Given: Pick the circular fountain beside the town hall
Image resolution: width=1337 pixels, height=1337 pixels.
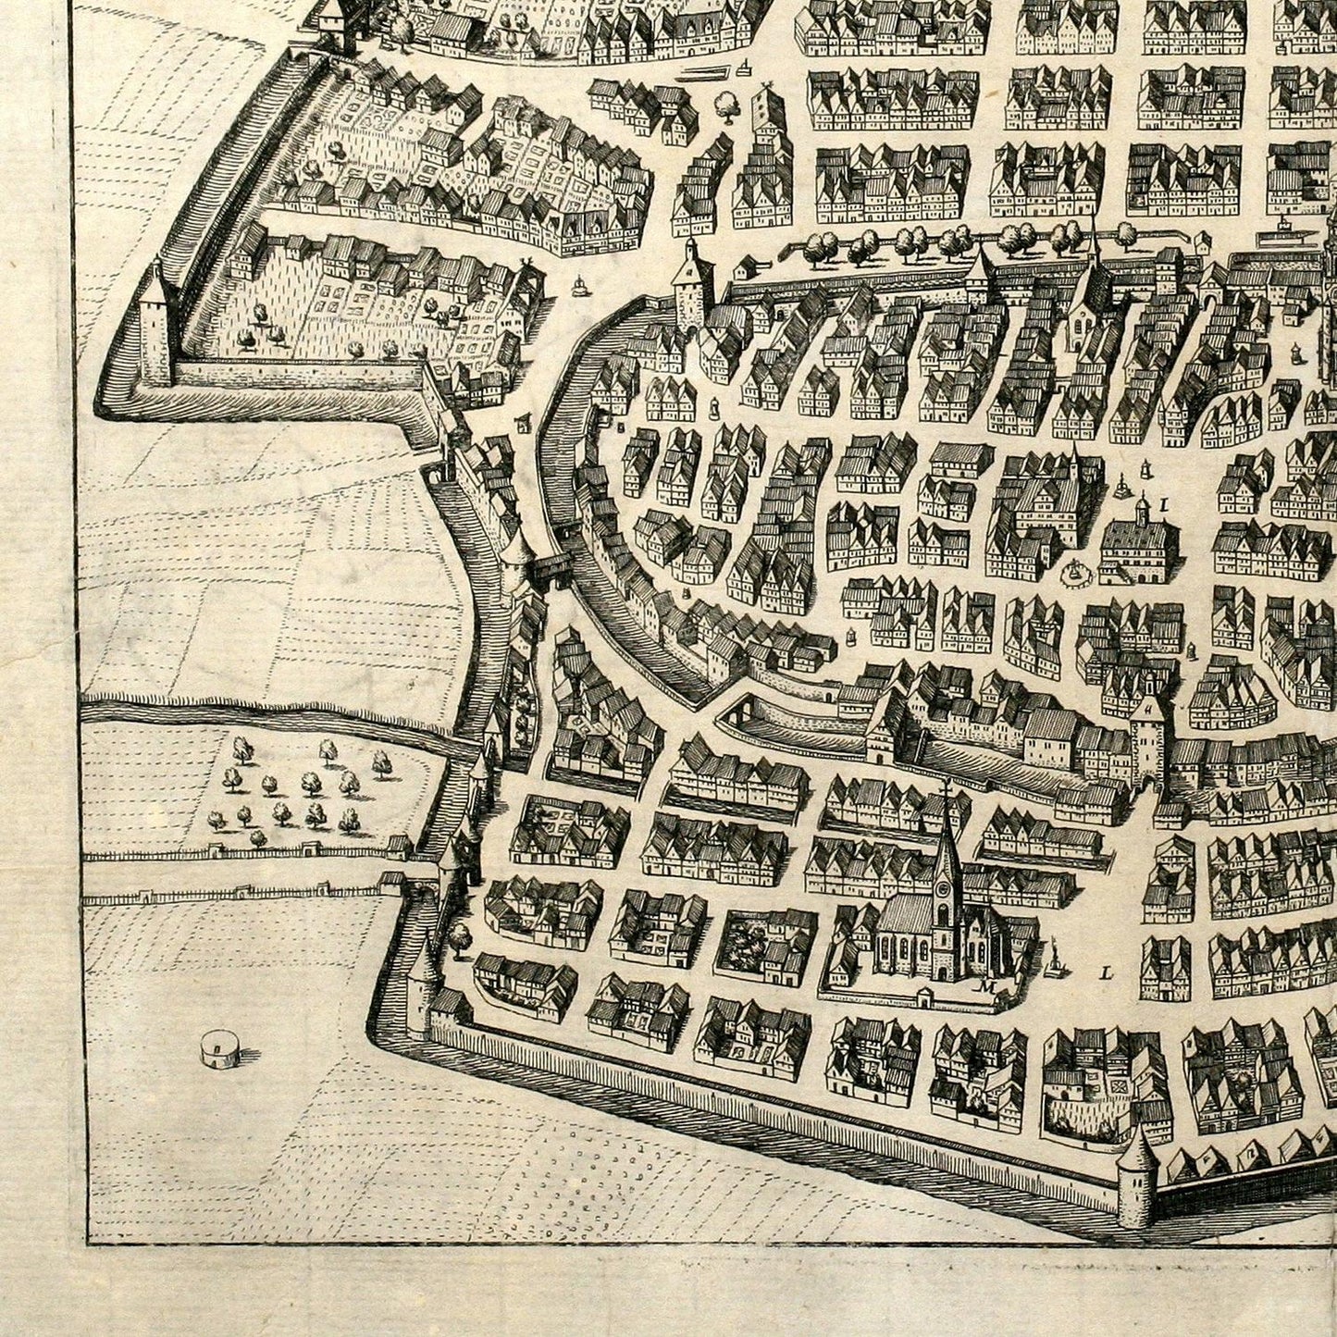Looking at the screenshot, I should pos(1073,575).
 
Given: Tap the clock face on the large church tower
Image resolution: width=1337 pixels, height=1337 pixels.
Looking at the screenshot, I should pos(943,889).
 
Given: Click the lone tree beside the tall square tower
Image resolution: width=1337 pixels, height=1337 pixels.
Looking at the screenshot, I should pos(727,106).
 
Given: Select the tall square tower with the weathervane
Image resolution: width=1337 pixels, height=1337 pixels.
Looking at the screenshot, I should pos(764,116).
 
